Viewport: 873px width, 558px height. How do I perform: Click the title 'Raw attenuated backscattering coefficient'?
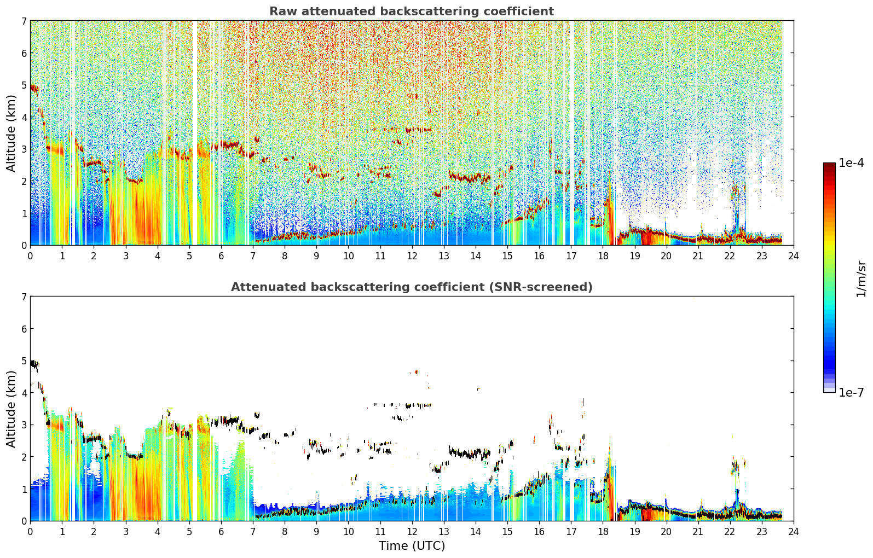point(412,11)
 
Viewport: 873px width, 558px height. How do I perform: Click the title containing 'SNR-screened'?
point(412,287)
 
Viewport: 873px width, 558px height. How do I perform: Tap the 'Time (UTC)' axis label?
point(412,545)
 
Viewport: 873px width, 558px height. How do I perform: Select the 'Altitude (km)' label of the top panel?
point(11,133)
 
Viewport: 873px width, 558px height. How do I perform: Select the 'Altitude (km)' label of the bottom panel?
point(11,409)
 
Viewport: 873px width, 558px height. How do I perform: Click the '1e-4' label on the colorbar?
point(851,163)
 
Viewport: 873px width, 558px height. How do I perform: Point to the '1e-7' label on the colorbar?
point(851,392)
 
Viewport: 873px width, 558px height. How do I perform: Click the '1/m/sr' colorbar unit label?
point(861,280)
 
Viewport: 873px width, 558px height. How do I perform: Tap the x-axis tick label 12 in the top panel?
point(412,256)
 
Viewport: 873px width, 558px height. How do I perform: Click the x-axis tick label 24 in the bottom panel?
point(794,532)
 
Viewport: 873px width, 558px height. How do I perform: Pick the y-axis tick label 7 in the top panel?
point(24,21)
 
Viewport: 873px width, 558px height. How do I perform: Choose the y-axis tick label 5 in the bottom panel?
point(24,361)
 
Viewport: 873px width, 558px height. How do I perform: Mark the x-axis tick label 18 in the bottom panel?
point(603,532)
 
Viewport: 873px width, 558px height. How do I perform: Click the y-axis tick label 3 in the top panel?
point(24,149)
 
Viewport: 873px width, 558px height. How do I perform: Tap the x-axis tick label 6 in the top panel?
point(221,256)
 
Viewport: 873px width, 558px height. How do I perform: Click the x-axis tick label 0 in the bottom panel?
point(31,532)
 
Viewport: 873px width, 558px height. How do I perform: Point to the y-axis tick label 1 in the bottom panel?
point(24,489)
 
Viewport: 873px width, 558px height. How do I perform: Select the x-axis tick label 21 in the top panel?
point(698,256)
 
